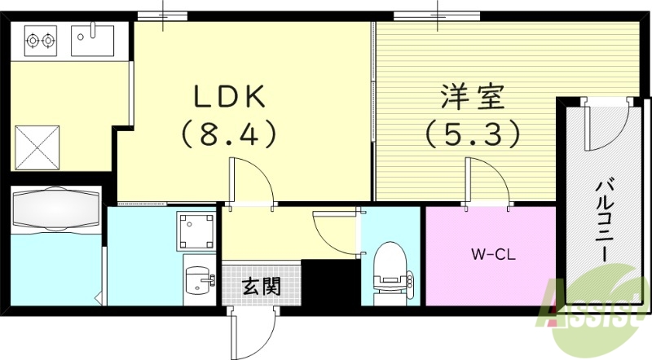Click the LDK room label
[x=229, y=97]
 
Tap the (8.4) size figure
[x=229, y=132]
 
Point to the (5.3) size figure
[x=473, y=132]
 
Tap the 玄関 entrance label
[x=261, y=286]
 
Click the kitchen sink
[x=93, y=38]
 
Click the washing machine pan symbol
[x=196, y=231]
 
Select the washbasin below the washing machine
[x=196, y=280]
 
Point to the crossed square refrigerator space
[x=36, y=145]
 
